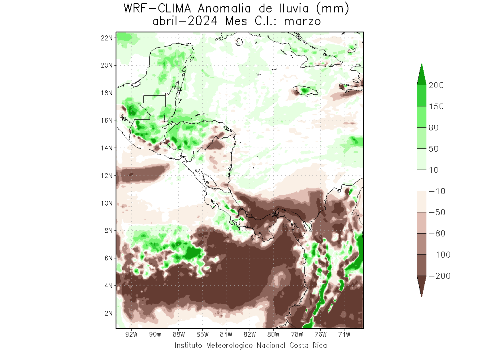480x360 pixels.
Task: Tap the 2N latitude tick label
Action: [x=108, y=313]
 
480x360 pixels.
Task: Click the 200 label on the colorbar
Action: [x=436, y=85]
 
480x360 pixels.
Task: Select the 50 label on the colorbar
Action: [x=434, y=149]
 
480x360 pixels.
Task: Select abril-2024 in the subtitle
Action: [x=185, y=21]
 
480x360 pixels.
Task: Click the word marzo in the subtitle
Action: [x=302, y=21]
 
